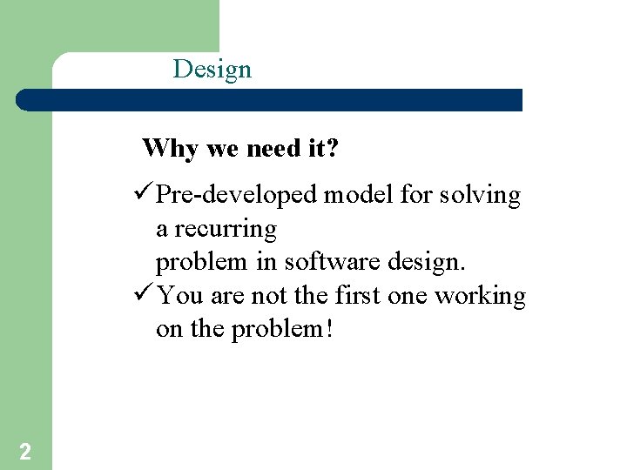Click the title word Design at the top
212,69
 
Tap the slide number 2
25,451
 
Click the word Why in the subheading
171,149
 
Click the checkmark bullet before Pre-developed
145,195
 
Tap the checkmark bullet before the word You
145,296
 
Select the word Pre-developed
236,196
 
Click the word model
360,195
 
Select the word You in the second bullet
181,296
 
